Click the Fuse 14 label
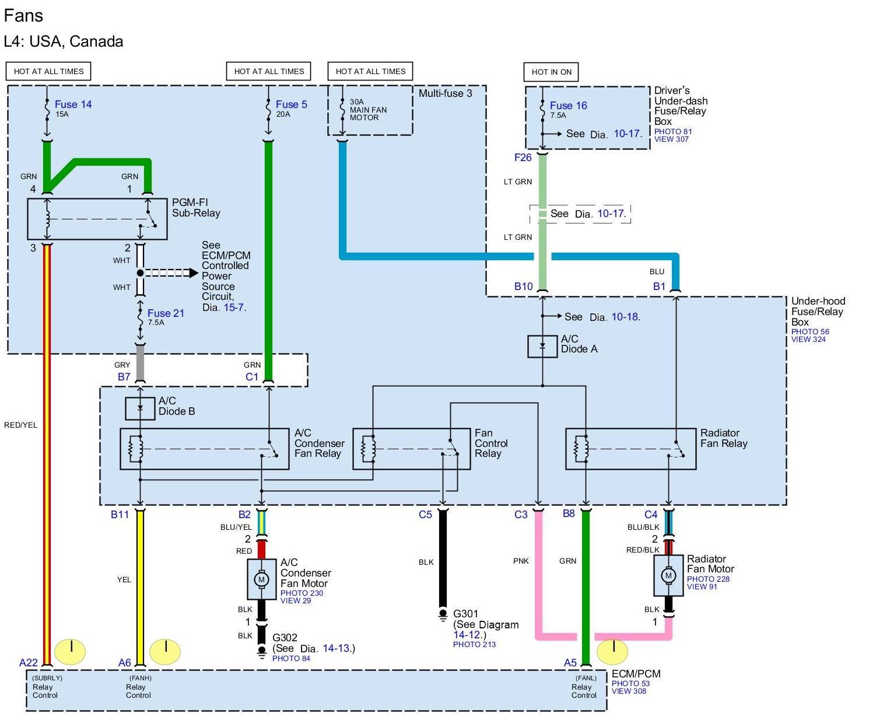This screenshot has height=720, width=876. click(x=73, y=104)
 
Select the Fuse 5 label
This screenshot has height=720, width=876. click(x=291, y=104)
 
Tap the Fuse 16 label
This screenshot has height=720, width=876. click(x=568, y=106)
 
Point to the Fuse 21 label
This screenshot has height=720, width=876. click(x=166, y=313)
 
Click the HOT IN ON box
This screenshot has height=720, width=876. click(x=551, y=72)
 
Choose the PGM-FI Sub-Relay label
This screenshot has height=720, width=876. click(x=196, y=208)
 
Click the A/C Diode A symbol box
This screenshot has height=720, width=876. click(x=542, y=346)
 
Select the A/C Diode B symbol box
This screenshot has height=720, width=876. click(x=140, y=408)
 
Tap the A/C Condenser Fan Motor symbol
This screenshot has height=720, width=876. click(x=261, y=579)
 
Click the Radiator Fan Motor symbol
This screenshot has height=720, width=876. click(x=668, y=575)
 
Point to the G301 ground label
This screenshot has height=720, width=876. click(x=466, y=614)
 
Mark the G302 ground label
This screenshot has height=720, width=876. click(x=285, y=638)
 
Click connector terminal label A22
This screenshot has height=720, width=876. click(x=28, y=662)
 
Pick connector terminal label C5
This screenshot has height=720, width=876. click(x=425, y=514)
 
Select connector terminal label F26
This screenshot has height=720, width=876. click(x=523, y=158)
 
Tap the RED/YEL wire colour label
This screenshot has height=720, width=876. click(x=20, y=425)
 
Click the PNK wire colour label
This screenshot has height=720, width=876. click(x=521, y=561)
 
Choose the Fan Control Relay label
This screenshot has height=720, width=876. click(x=490, y=443)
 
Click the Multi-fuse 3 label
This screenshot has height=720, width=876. click(x=445, y=93)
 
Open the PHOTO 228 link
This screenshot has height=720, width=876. click(x=708, y=579)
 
